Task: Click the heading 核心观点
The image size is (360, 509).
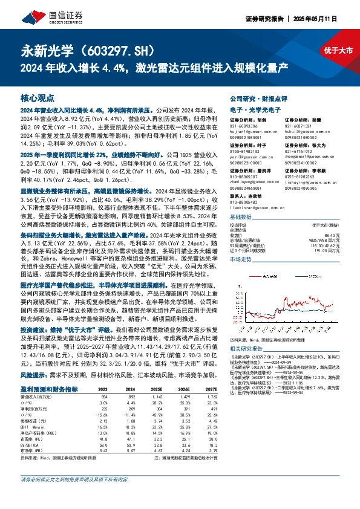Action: [x=37, y=97]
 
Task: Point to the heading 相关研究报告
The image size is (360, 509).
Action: [x=247, y=349]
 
